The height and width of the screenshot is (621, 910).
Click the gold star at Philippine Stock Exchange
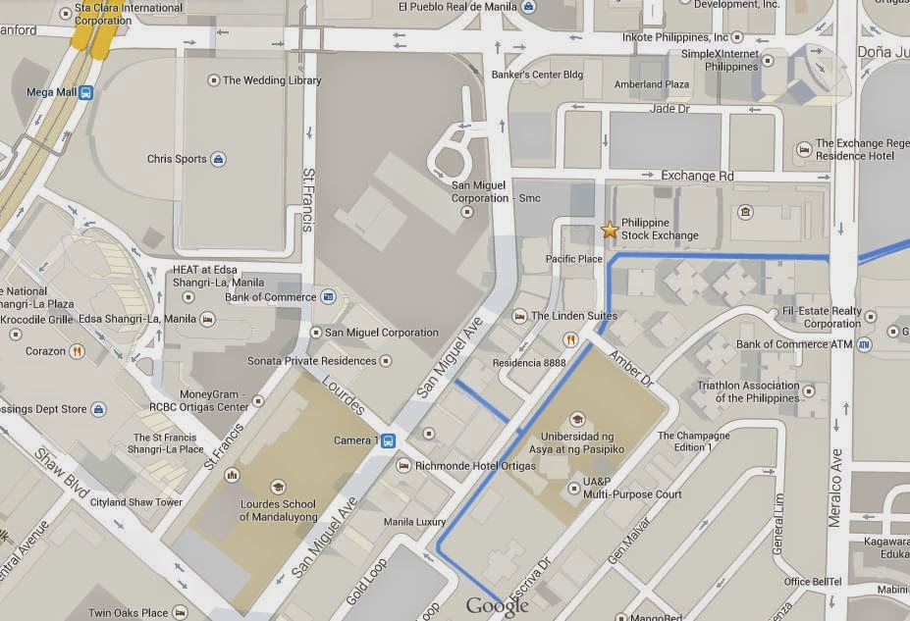[610, 230]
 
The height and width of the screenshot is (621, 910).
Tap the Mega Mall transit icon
[86, 93]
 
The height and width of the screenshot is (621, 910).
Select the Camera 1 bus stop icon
[389, 440]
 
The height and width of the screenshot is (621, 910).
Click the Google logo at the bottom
[497, 606]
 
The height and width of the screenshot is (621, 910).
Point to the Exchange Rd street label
[697, 176]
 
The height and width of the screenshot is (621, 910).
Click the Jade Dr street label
[670, 109]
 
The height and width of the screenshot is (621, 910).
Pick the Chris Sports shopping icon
[218, 159]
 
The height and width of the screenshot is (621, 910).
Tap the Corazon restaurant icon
[77, 351]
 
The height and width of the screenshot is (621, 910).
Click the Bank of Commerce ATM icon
[864, 344]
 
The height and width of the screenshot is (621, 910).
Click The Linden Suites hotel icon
[519, 316]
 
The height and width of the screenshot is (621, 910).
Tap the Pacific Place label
[574, 259]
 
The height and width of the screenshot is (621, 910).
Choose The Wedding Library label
[272, 80]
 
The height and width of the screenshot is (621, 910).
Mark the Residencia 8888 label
[529, 362]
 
